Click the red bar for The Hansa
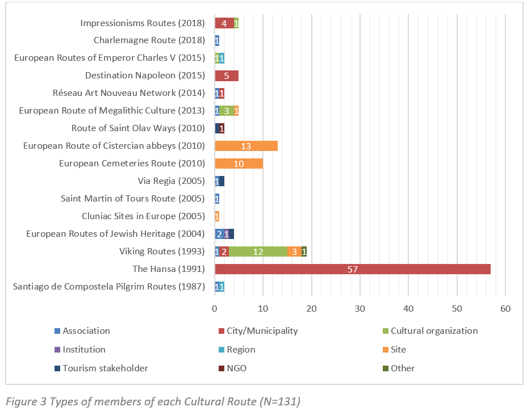click(x=352, y=269)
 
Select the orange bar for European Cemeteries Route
click(x=239, y=164)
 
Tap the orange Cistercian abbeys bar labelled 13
click(x=246, y=146)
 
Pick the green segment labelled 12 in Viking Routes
click(x=258, y=251)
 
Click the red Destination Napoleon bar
click(x=227, y=76)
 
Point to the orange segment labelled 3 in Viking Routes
click(x=294, y=251)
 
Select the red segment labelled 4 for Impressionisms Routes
click(x=224, y=23)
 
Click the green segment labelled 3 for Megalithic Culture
click(x=227, y=111)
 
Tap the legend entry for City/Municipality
click(x=262, y=331)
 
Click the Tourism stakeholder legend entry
click(x=105, y=368)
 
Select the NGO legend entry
click(x=236, y=368)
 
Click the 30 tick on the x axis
click(x=360, y=308)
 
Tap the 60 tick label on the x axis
click(x=505, y=308)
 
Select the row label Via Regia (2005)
click(x=171, y=181)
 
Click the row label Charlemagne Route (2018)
click(x=149, y=40)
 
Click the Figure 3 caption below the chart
click(x=153, y=402)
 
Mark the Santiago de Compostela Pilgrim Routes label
click(x=108, y=287)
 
